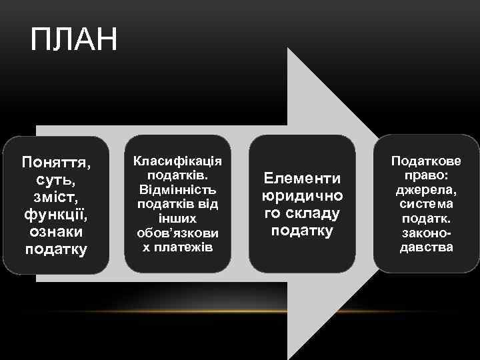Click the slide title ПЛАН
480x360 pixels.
pyautogui.click(x=74, y=40)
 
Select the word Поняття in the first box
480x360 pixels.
pyautogui.click(x=57, y=163)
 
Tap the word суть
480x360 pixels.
pyautogui.click(x=57, y=180)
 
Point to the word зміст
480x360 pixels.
pyautogui.click(x=57, y=197)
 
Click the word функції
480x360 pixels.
pyautogui.click(x=57, y=215)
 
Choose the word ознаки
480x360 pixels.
pyautogui.click(x=57, y=232)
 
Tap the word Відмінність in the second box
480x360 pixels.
pyautogui.click(x=177, y=190)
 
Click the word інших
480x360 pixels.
pyautogui.click(x=177, y=219)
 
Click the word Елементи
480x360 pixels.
pyautogui.click(x=302, y=179)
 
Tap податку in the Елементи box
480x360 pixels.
pyautogui.click(x=302, y=231)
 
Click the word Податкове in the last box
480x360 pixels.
pyautogui.click(x=426, y=162)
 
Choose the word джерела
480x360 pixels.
pyautogui.click(x=426, y=190)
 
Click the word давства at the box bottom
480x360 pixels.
pyautogui.click(x=426, y=247)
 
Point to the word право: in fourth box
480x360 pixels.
pyautogui.click(x=426, y=176)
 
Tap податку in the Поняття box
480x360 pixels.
pyautogui.click(x=57, y=249)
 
